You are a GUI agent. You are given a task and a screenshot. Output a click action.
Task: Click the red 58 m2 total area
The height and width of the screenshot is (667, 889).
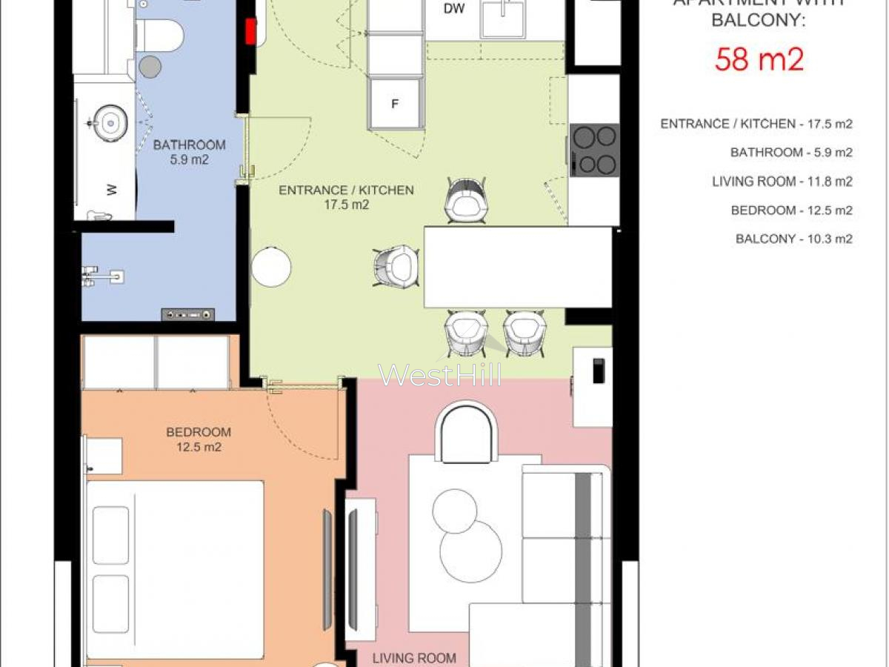[759, 59]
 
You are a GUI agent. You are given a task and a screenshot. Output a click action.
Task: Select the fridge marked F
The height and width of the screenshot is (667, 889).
[395, 104]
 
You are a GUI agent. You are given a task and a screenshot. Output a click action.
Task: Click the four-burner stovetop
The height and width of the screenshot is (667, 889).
[595, 149]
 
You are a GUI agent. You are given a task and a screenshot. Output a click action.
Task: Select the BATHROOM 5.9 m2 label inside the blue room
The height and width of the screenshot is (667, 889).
[189, 152]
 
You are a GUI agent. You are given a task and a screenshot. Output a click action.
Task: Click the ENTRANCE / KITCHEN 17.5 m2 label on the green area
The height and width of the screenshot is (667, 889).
[346, 198]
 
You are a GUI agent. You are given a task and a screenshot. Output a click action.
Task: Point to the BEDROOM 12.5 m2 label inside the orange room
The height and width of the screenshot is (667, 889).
[198, 439]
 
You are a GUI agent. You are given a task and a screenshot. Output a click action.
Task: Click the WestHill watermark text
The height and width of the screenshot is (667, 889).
[440, 375]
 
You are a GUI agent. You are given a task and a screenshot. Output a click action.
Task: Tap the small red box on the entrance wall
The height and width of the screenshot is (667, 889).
[250, 31]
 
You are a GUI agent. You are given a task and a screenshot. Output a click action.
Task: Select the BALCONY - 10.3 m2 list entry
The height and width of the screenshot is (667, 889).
[793, 239]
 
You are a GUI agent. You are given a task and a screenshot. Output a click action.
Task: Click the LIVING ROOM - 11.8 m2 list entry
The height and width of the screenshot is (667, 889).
[782, 182]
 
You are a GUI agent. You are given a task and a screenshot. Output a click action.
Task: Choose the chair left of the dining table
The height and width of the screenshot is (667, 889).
[396, 266]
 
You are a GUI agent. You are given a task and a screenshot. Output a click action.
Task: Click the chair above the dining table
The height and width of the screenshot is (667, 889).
[467, 201]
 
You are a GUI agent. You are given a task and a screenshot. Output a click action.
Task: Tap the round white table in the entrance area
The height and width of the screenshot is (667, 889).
[271, 267]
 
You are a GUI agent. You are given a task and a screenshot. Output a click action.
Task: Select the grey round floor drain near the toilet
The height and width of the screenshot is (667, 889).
[150, 67]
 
